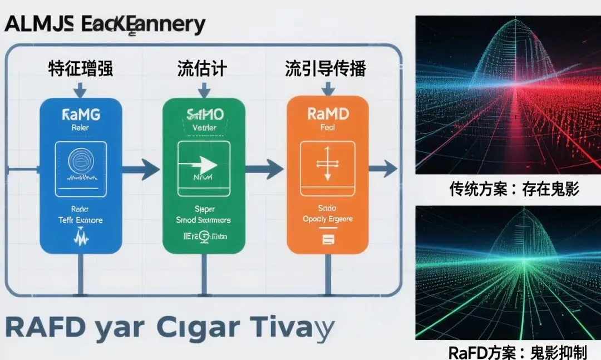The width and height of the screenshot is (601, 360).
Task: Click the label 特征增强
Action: tap(81, 70)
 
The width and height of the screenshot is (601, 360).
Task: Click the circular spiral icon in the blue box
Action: tap(81, 162)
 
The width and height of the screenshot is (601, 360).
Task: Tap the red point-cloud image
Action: tap(508, 95)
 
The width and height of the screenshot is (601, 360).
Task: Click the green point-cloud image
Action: tap(508, 273)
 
